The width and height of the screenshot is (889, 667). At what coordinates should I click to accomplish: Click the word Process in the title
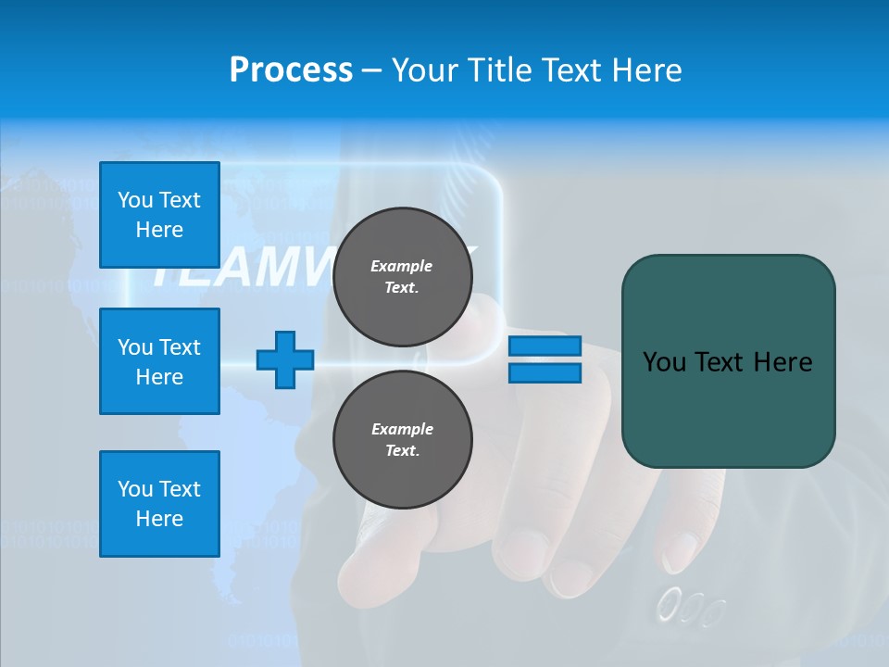[x=291, y=70]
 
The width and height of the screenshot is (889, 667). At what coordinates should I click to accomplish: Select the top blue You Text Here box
[x=159, y=215]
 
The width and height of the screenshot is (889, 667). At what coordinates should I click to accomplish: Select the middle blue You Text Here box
[x=159, y=361]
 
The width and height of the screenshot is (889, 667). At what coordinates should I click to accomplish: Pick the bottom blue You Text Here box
[x=159, y=504]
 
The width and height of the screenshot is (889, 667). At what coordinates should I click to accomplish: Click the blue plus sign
[x=285, y=359]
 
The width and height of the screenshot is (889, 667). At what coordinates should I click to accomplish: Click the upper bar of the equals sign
[x=545, y=346]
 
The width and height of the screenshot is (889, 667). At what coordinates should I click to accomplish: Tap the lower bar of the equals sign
[x=545, y=372]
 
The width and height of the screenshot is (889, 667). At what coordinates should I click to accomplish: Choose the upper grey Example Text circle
[x=402, y=276]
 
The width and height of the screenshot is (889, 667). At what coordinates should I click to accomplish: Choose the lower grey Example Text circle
[x=402, y=439]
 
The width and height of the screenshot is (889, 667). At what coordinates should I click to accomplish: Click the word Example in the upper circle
[x=401, y=266]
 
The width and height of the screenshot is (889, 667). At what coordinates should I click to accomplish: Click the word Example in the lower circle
[x=402, y=429]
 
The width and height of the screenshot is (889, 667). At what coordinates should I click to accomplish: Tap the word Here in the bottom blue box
[x=159, y=519]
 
